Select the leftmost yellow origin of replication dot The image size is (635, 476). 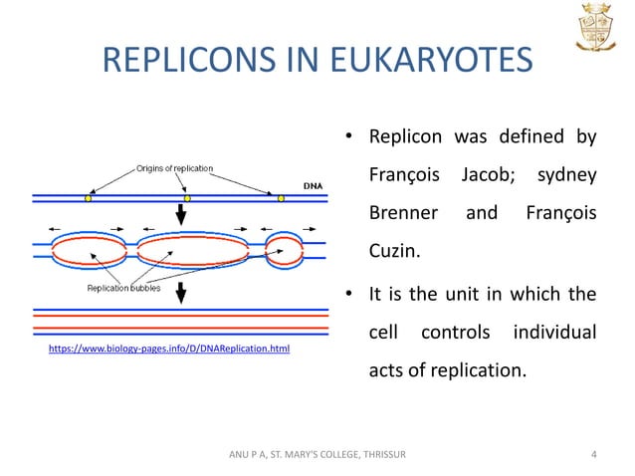[x=87, y=198]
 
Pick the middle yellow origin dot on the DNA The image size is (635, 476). [x=186, y=198]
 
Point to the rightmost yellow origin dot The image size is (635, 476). [x=282, y=198]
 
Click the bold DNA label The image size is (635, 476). [x=312, y=184]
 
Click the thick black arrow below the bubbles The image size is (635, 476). [x=181, y=293]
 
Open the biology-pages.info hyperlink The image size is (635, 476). [x=169, y=350]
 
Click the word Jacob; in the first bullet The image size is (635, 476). [x=488, y=175]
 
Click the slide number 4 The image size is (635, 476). [x=594, y=456]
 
